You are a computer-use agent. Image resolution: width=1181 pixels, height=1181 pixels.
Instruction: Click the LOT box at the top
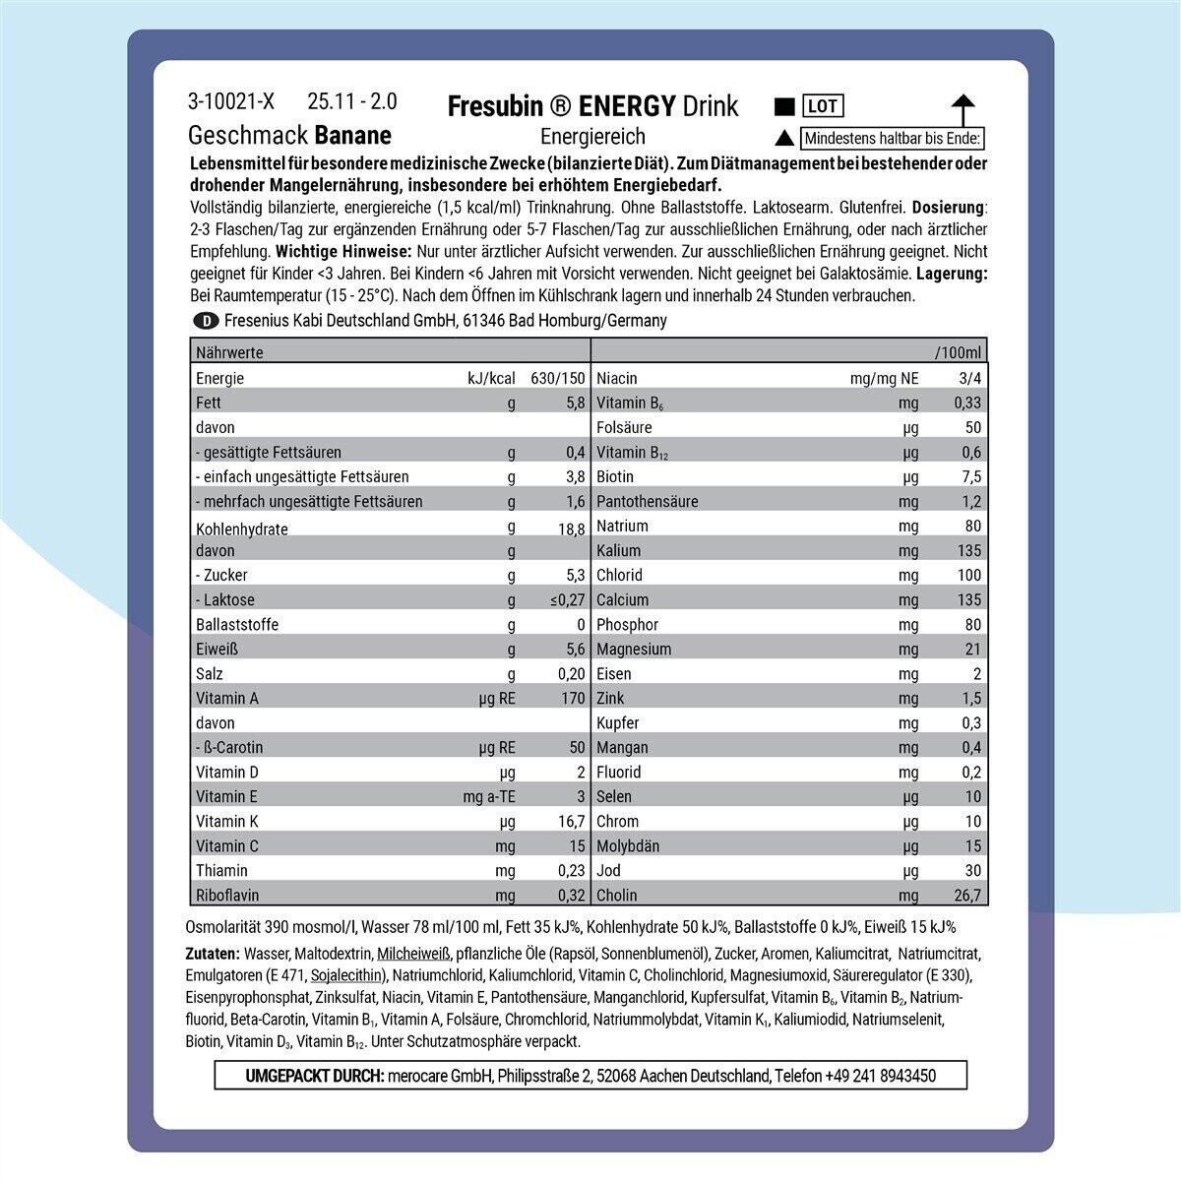tap(823, 106)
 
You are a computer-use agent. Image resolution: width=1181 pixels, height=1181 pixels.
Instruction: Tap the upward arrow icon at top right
tap(963, 109)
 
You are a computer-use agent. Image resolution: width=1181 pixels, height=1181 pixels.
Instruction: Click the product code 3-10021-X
tap(231, 101)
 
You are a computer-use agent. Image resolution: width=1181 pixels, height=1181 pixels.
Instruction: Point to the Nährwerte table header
tap(229, 351)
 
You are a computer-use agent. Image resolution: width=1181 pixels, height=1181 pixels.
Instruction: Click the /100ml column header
tap(958, 352)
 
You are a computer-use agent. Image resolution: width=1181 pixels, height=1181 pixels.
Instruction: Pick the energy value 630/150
tap(557, 378)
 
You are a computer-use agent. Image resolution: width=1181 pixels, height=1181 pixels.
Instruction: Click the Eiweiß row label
tap(218, 649)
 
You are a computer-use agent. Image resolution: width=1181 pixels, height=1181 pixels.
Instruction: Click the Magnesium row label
tap(634, 649)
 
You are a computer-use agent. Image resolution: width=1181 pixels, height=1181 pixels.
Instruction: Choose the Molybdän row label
tap(628, 845)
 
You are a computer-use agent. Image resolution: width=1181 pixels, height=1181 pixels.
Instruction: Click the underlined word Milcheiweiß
tap(413, 953)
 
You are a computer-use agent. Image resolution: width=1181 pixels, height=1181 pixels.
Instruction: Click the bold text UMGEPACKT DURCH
tap(314, 1076)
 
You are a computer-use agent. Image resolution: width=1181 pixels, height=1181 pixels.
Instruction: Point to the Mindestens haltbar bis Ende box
tap(892, 139)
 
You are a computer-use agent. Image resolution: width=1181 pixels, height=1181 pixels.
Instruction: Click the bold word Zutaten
tap(212, 953)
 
